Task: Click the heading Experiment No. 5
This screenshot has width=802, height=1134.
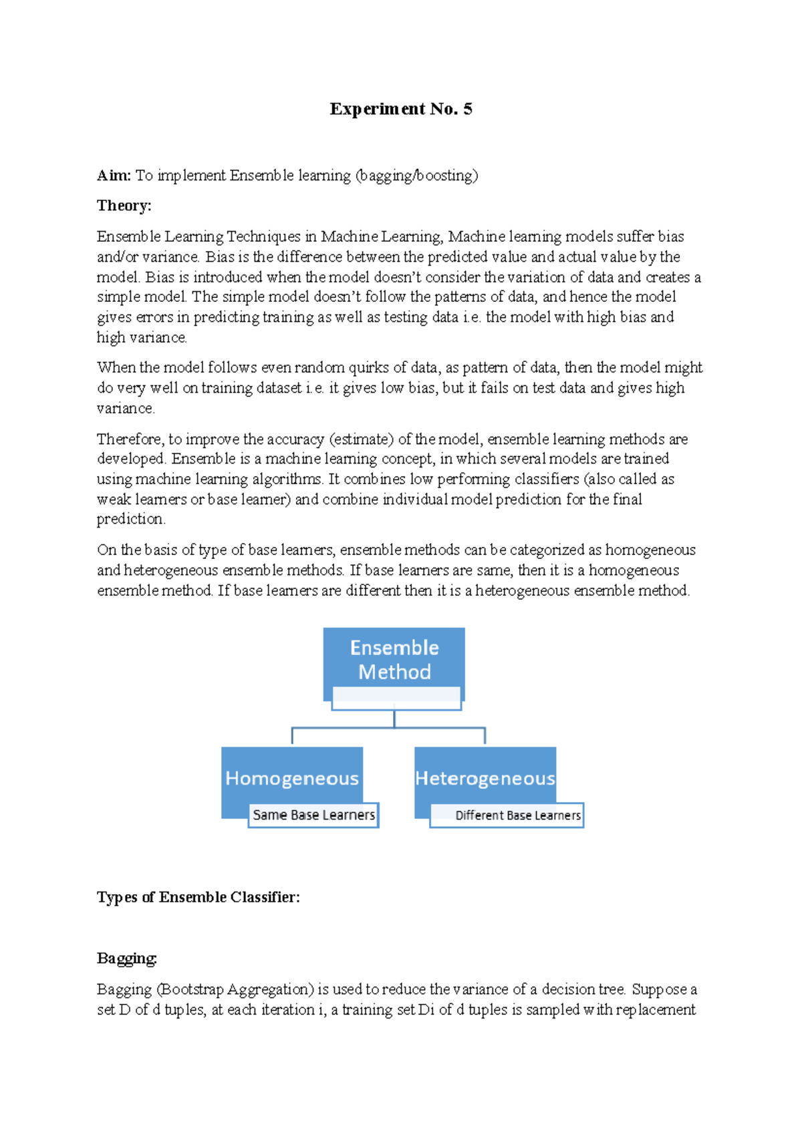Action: coord(400,109)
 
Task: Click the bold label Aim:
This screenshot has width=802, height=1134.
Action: coord(114,176)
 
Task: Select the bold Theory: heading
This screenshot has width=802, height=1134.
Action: coord(124,206)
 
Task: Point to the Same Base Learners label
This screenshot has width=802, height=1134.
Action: coord(313,815)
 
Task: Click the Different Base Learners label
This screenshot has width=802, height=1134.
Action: coord(517,815)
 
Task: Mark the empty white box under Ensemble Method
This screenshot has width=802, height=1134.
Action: coord(396,698)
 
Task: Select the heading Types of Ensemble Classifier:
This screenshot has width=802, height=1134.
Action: coord(198,897)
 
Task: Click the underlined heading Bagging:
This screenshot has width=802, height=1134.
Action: coord(126,958)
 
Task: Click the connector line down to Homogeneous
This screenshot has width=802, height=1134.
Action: coord(292,736)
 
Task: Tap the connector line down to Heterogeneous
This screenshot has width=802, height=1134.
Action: coord(485,736)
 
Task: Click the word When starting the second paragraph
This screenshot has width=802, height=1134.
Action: coord(115,367)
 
